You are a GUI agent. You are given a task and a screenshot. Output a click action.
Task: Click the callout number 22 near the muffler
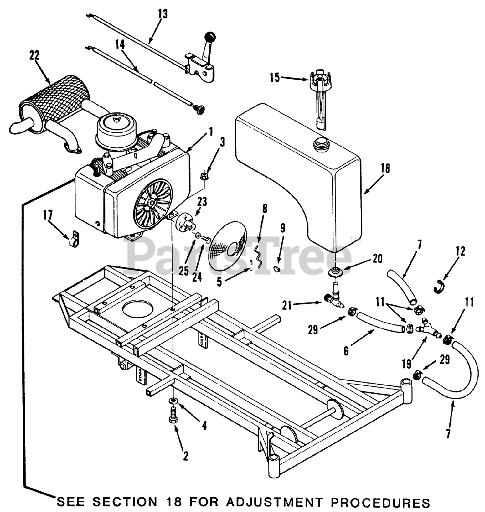(x=34, y=55)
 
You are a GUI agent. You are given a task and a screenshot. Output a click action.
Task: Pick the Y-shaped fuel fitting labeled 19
(x=429, y=327)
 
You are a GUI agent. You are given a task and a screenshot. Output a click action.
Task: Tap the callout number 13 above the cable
(x=163, y=15)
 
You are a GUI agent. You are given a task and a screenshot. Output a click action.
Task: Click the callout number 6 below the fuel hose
(x=346, y=351)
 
